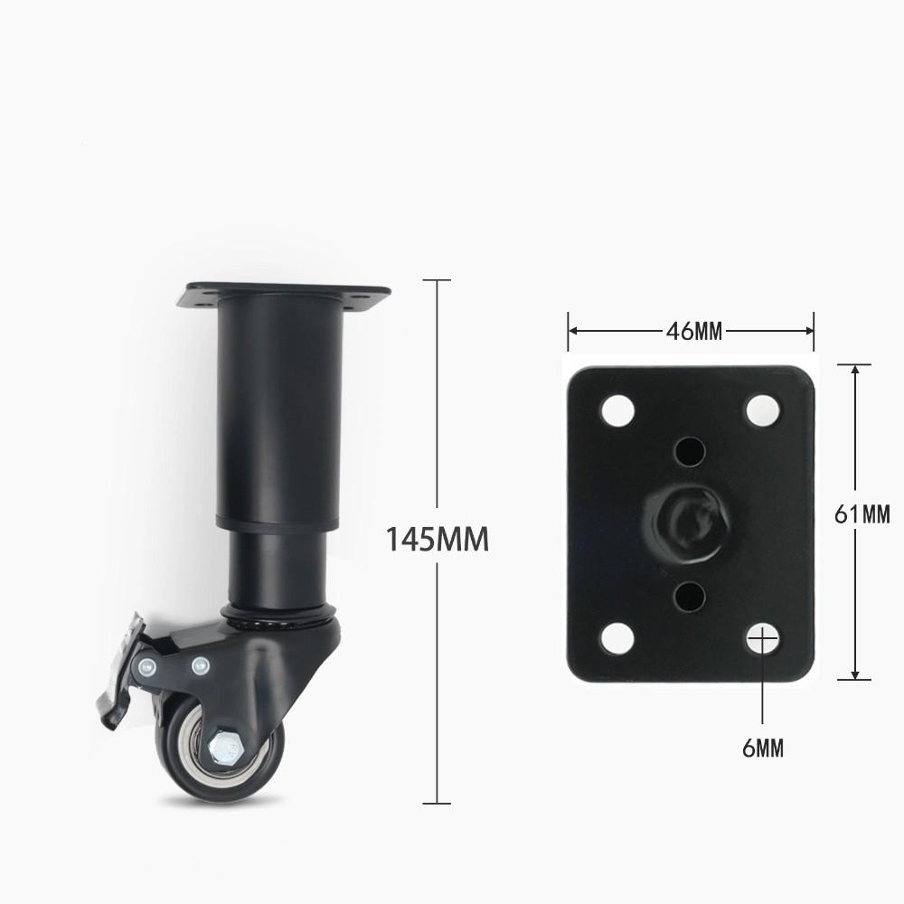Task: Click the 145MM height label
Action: (438, 540)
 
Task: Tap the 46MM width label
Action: (694, 331)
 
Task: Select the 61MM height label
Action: (863, 515)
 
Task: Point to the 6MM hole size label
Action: (764, 748)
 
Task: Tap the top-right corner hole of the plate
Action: (762, 410)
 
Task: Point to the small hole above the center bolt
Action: (690, 448)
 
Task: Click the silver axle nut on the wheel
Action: (223, 749)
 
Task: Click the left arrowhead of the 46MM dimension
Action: (572, 331)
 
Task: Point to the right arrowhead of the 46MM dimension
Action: (810, 331)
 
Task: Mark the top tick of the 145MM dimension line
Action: (438, 280)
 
